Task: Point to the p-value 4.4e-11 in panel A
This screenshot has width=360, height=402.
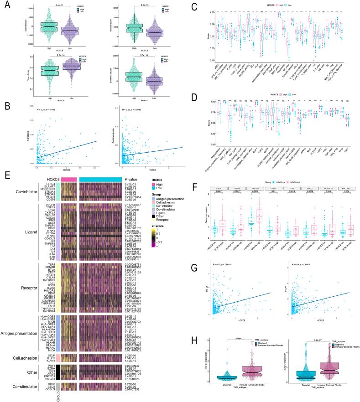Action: click(54, 5)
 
